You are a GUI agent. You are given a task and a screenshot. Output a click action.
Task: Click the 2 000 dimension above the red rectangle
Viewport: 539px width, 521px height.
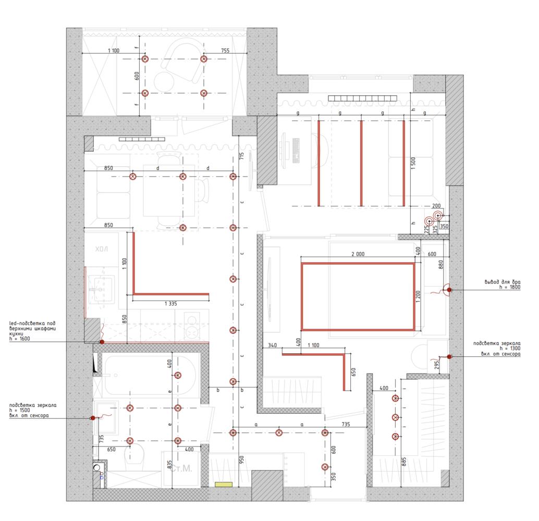coord(358,254)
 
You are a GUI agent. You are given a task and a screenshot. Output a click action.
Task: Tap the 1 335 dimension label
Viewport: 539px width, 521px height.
coord(170,303)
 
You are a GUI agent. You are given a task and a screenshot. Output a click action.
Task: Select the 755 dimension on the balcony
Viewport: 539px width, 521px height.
coord(225,51)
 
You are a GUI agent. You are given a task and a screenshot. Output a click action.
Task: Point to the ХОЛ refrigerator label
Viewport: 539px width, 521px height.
coord(102,249)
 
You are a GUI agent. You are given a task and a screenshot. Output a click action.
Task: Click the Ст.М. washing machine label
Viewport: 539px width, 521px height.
coord(181,468)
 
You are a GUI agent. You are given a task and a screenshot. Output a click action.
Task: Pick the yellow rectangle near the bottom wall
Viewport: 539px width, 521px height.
coord(224,485)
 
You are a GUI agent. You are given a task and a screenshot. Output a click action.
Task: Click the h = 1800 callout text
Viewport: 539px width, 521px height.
coord(510,287)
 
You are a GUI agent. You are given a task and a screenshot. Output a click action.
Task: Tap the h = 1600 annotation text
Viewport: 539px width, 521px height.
coord(20,339)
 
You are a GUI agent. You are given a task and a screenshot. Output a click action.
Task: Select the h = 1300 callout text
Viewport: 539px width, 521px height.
coord(510,349)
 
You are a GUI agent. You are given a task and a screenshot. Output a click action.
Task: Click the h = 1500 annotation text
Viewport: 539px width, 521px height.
coord(20,410)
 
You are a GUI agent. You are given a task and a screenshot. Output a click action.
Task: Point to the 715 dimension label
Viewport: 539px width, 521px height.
coord(242,156)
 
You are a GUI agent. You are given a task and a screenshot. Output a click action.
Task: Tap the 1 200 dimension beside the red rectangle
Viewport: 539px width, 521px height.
coord(418,296)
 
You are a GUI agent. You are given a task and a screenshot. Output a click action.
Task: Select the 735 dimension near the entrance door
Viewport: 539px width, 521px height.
coord(346,425)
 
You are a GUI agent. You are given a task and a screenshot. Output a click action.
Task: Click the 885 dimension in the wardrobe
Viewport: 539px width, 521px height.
coord(405,462)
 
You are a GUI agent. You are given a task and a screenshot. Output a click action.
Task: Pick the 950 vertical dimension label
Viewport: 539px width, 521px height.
coord(242,460)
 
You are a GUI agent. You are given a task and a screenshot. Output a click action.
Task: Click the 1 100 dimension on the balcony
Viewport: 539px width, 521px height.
coord(114,51)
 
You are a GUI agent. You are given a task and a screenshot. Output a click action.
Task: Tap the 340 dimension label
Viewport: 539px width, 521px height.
coord(272,345)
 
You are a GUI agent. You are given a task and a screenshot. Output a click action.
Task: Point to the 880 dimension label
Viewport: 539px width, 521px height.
coord(440,264)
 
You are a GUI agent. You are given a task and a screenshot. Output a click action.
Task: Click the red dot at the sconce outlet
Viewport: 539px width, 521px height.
coord(449,290)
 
